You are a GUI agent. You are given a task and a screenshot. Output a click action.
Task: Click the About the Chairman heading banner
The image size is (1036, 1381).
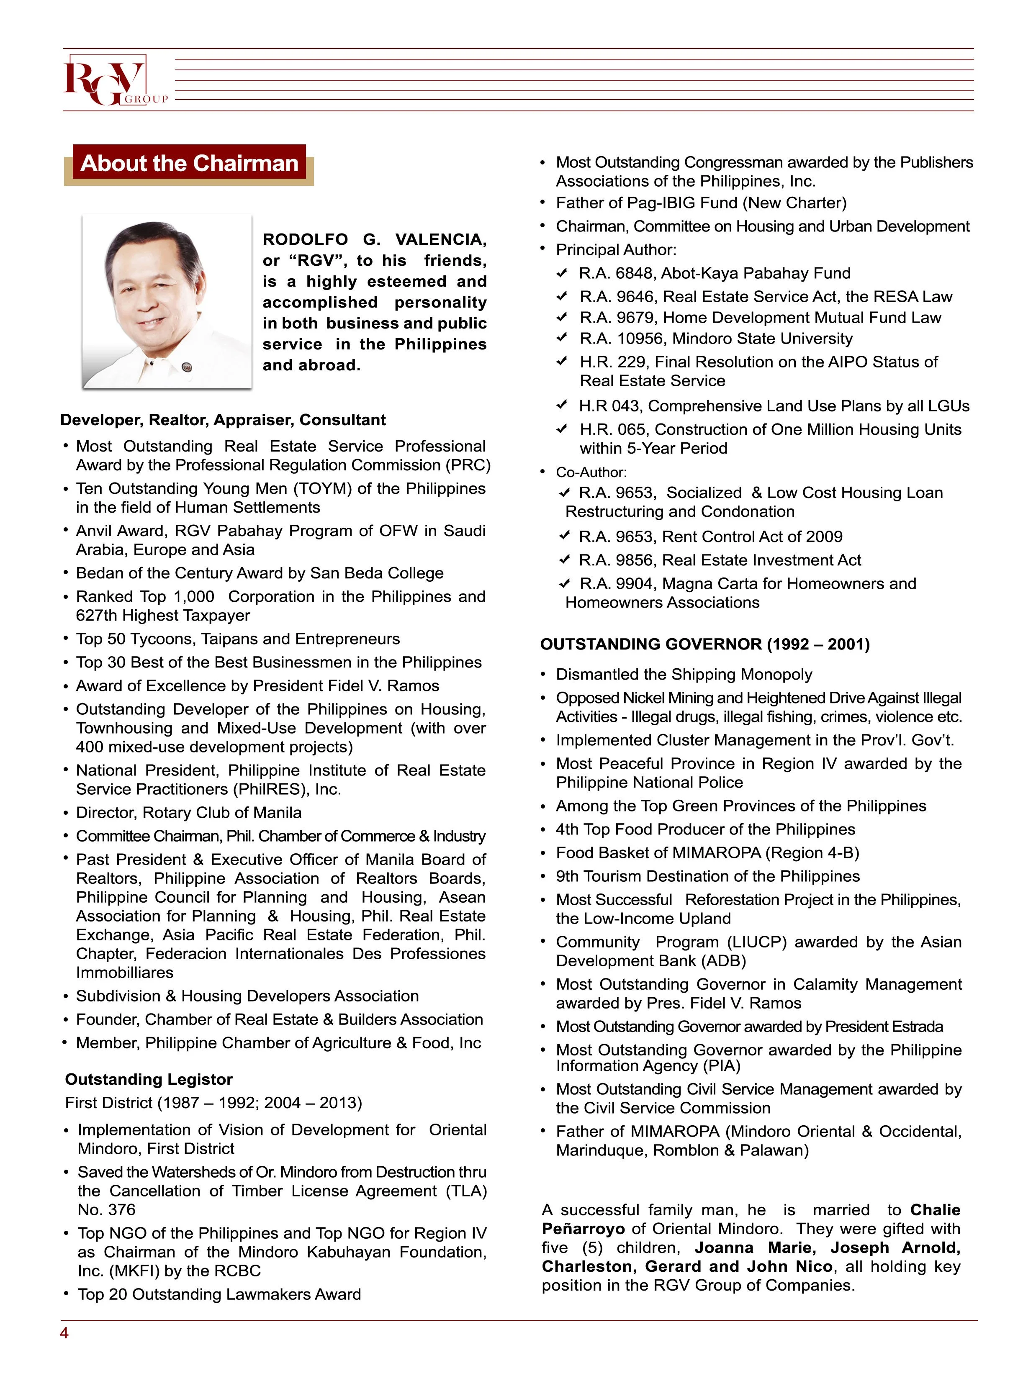(x=189, y=164)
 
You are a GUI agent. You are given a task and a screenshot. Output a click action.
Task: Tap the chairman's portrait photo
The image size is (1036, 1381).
(x=167, y=302)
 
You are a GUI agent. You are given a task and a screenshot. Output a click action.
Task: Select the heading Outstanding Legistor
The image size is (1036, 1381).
(x=149, y=1079)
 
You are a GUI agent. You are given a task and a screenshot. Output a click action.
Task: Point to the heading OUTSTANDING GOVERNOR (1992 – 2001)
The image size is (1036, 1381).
(x=704, y=644)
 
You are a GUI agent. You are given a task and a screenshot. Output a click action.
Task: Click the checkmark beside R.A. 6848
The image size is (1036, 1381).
(x=562, y=273)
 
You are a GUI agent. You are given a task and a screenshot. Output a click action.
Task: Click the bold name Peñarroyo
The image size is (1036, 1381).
(x=583, y=1229)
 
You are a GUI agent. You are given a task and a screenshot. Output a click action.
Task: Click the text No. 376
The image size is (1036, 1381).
(x=106, y=1210)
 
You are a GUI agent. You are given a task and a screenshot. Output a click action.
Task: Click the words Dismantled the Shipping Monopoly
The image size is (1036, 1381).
(x=684, y=675)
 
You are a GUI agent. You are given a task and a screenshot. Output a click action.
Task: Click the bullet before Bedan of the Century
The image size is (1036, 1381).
(x=66, y=573)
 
